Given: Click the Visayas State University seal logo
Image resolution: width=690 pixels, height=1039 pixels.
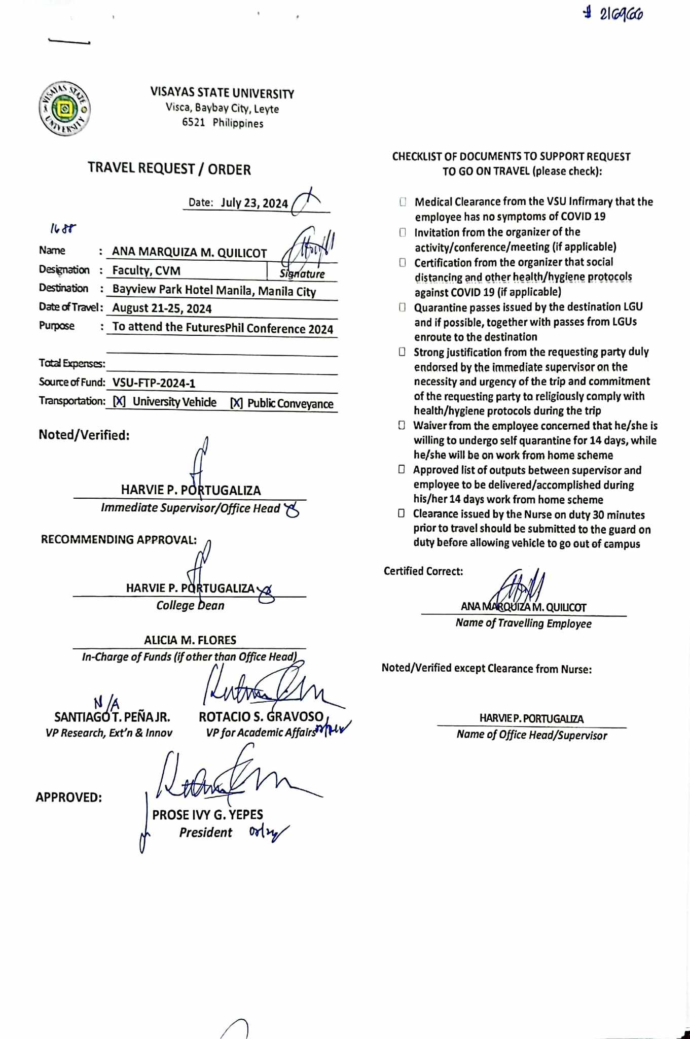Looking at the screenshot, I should [x=65, y=109].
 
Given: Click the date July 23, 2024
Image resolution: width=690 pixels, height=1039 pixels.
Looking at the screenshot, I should [x=254, y=203].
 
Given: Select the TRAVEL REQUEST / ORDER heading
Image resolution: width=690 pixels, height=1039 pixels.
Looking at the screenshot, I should [x=169, y=169].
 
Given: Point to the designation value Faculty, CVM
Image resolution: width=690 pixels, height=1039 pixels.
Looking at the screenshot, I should [x=146, y=270].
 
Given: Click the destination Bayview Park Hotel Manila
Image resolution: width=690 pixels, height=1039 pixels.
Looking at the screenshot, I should [x=214, y=291].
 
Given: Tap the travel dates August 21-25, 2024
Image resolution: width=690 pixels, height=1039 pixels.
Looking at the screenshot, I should [x=162, y=308].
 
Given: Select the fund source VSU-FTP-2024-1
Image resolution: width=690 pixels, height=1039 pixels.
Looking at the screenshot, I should [x=154, y=383].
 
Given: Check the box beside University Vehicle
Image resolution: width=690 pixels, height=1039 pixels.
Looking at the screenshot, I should [x=119, y=402].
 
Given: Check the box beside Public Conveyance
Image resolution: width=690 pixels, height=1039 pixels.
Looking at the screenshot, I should [x=236, y=403].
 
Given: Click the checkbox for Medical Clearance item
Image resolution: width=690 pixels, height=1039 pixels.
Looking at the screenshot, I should [x=403, y=202].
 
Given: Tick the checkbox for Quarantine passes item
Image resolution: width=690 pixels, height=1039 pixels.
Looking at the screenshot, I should [x=402, y=307].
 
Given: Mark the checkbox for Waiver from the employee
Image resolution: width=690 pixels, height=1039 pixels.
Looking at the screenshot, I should [x=402, y=425].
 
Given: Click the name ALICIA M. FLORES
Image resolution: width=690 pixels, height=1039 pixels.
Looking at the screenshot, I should [x=190, y=640].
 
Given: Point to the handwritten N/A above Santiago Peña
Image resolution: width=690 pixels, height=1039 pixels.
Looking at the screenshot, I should [x=106, y=703].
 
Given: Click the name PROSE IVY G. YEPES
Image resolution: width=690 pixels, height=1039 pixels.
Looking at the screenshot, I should [x=207, y=815].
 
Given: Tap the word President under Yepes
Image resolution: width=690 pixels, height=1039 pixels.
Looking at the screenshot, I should [x=205, y=833].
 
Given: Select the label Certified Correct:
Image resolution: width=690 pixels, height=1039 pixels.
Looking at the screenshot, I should [x=423, y=571].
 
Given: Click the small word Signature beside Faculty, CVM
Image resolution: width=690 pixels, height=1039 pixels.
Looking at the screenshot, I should [x=302, y=274].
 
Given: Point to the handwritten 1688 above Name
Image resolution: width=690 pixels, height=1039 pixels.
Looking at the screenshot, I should [x=63, y=229].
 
